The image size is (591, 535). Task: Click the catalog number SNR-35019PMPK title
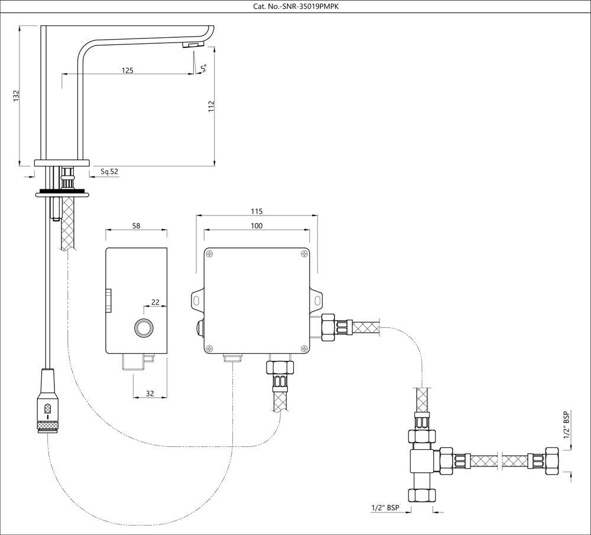pos(295,7)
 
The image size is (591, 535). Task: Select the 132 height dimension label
pos(17,96)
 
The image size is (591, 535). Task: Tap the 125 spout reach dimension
pos(127,70)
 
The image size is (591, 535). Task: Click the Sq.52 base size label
pos(109,172)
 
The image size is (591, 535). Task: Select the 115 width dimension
pos(256,211)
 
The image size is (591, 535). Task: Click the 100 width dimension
pos(256,225)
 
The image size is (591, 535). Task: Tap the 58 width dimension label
pos(135,225)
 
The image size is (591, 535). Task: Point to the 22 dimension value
pos(155,302)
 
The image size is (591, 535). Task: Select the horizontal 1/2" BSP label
pos(385,508)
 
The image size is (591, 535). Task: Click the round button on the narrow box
pos(142,327)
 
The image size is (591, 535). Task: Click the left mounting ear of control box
pos(196,300)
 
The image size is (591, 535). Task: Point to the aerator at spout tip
pos(193,46)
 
